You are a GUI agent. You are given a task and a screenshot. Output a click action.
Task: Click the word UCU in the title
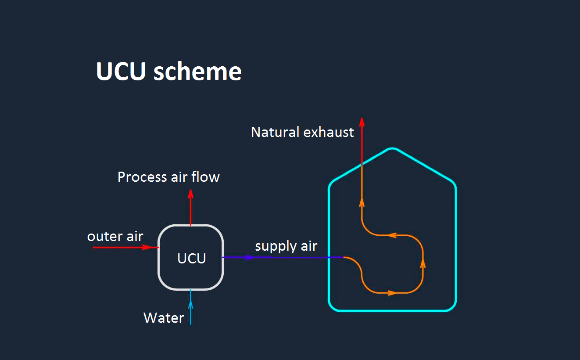(121, 71)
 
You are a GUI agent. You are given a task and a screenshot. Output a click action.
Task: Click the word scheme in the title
(197, 71)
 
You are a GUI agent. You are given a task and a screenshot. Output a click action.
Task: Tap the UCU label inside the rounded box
(192, 259)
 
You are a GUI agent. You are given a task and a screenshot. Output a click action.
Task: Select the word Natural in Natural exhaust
(276, 132)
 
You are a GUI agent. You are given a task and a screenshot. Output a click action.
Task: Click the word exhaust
(329, 132)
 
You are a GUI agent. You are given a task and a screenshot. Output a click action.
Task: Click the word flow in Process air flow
(208, 177)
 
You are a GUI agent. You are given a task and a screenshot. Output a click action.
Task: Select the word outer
(104, 236)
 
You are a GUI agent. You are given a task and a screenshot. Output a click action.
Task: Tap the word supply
(274, 246)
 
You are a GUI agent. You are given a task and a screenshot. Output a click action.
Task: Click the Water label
(164, 317)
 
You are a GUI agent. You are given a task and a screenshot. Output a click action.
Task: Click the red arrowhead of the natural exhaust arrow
(362, 122)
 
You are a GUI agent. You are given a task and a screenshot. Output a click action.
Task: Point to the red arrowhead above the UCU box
(190, 194)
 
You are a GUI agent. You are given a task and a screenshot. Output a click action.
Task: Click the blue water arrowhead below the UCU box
(191, 293)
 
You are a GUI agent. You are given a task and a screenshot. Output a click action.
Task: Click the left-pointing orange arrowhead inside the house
(392, 236)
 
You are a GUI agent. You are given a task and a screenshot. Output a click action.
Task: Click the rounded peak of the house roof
(392, 149)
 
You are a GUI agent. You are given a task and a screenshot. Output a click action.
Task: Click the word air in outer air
(134, 236)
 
